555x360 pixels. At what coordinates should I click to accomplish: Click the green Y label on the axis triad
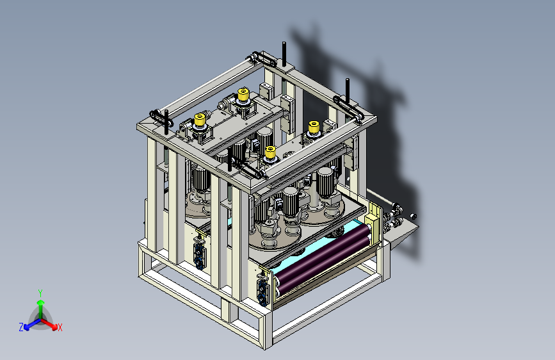point(40,293)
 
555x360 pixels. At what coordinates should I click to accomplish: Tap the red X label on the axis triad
point(60,327)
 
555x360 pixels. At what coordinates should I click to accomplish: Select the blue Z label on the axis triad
point(21,327)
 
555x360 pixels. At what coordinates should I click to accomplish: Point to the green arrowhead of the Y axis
point(41,303)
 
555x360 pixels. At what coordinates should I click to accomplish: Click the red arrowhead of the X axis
point(54,327)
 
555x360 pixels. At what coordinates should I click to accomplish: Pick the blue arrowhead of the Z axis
point(26,327)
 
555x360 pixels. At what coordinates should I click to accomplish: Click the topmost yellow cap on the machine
point(243,95)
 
